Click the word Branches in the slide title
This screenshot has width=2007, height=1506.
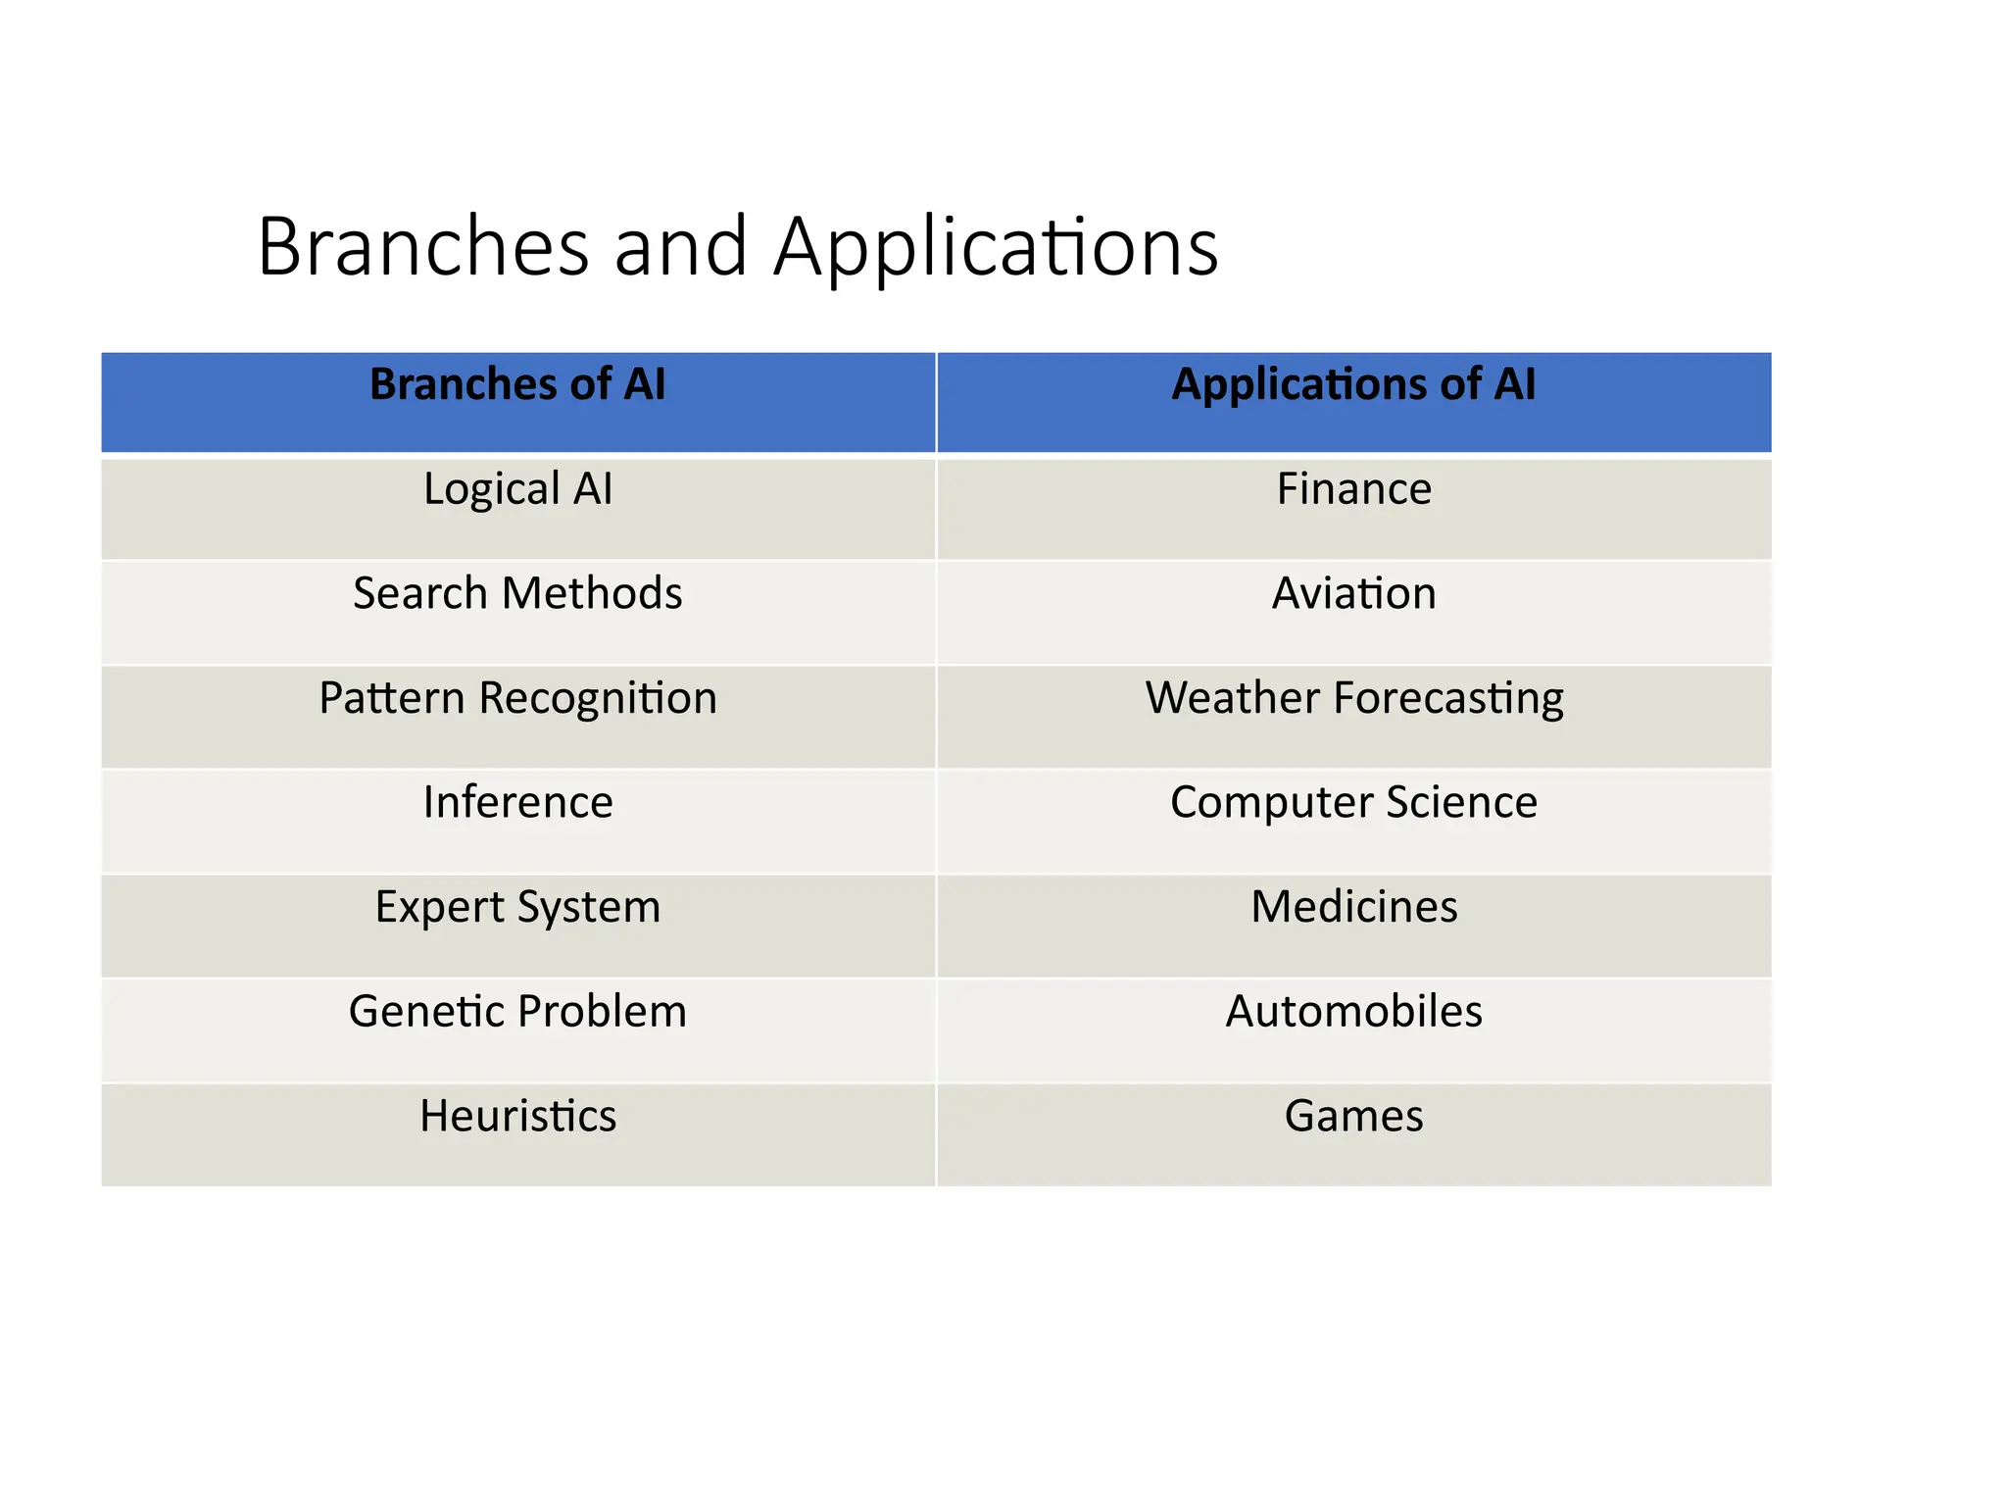[x=423, y=246]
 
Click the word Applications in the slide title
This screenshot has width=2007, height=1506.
[x=996, y=248]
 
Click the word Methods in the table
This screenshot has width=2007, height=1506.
[x=592, y=593]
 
